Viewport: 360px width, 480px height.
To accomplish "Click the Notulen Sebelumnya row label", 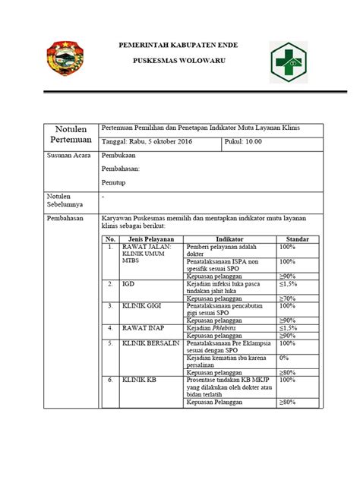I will pyautogui.click(x=67, y=201).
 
